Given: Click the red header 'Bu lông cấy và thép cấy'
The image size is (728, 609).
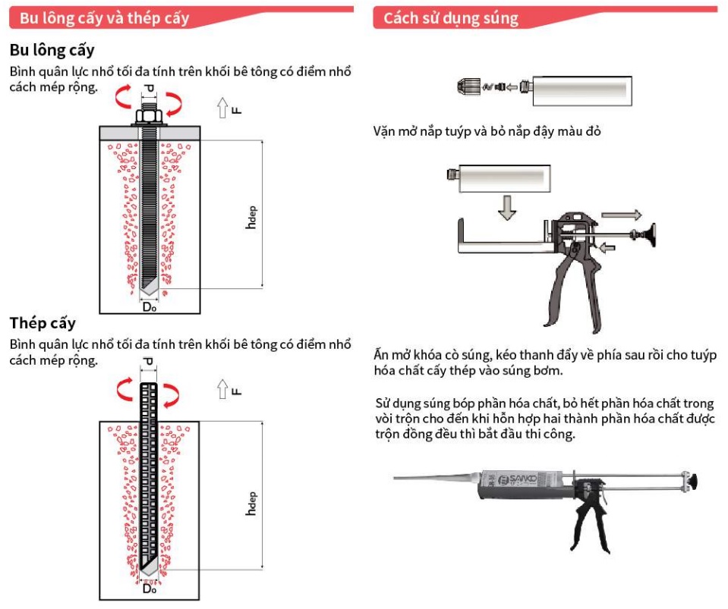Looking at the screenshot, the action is coord(105,18).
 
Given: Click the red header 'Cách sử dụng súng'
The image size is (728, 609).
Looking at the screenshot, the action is coord(450,18).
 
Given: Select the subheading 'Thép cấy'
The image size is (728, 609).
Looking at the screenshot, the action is coord(43,323).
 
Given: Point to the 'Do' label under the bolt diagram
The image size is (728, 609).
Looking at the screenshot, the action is coord(150,306).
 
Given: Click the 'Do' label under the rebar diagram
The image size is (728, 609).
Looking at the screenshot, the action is coord(149,589).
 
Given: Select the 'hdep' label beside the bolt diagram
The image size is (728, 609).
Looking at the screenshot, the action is coord(251,217).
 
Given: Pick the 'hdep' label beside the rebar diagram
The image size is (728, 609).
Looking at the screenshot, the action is coord(251,504).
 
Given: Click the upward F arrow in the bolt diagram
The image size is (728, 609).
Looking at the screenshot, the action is coord(222,108).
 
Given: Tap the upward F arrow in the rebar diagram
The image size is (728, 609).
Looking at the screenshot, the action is coord(222,389).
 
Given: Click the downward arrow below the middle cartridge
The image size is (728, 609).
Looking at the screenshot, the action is coord(507,207).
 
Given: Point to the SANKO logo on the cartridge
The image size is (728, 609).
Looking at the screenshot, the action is coord(518,479).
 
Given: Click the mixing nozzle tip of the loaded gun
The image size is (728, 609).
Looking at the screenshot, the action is coord(394,477).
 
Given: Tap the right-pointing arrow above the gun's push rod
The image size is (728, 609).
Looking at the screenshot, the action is coord(621,215).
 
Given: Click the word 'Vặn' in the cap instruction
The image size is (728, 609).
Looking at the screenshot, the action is coord(383,131).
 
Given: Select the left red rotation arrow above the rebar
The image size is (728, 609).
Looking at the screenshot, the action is coord(125,389).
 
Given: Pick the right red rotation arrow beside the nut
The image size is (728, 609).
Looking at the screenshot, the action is coord(174,104).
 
